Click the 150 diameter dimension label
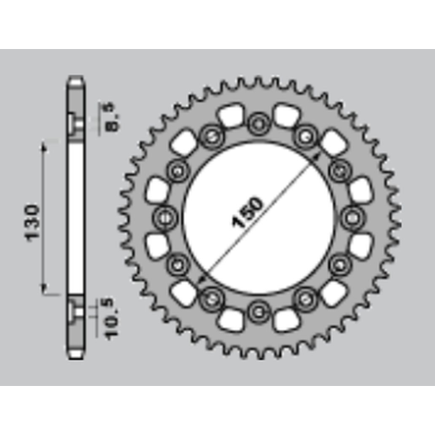tap(247, 212)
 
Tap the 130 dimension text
tap(32, 223)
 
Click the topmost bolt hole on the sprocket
tap(259, 124)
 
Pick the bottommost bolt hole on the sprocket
tap(259, 312)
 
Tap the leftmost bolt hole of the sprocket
tap(165, 217)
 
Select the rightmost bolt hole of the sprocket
tap(352, 217)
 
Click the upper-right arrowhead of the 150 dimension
tap(316, 157)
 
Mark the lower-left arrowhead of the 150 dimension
tap(202, 279)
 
